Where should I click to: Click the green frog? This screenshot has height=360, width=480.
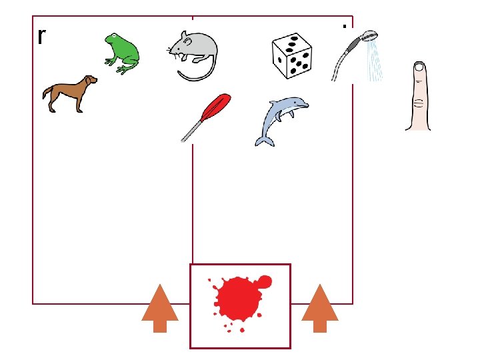[122, 53]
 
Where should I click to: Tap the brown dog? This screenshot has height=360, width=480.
[70, 94]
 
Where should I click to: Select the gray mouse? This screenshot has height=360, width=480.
[193, 55]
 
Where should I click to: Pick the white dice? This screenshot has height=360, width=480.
[292, 56]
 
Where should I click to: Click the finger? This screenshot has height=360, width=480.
[419, 96]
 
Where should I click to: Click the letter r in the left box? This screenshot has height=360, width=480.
[42, 37]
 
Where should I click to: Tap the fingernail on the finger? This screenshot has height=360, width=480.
[419, 67]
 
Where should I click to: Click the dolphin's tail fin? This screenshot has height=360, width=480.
[265, 142]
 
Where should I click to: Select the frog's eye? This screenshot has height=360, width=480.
[114, 36]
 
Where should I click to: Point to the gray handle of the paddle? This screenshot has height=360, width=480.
[192, 131]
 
